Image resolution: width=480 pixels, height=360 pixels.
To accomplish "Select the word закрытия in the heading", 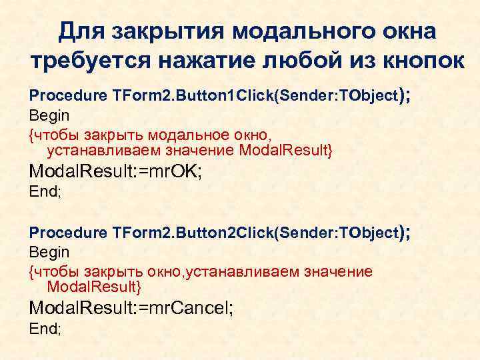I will [169, 31].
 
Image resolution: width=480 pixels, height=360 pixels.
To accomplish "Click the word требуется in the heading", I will [89, 62].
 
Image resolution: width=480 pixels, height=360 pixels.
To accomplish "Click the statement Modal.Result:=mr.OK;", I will [115, 172].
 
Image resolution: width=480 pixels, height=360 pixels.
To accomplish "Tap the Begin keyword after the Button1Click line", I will [49, 115].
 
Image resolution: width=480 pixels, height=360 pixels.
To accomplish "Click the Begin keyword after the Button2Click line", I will [49, 253].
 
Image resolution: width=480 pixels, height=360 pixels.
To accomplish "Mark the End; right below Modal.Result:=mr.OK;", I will [45, 193].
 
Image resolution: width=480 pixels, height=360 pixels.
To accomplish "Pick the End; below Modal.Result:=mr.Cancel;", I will [45, 329].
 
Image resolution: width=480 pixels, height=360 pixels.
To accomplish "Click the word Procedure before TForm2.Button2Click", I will [67, 233].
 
